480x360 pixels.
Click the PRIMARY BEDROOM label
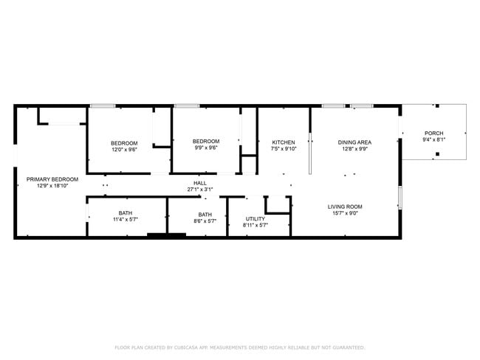point(52,179)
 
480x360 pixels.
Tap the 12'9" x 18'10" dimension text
point(52,186)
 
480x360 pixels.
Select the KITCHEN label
point(284,142)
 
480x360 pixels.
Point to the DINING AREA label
point(354,142)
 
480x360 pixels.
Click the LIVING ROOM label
point(345,207)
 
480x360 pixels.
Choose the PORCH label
point(433,134)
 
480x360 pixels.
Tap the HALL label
point(200,183)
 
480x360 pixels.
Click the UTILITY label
point(256,218)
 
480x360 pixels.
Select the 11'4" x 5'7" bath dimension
point(126,219)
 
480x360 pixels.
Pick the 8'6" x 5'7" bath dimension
point(205,221)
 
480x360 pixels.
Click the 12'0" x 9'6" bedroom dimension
point(124,150)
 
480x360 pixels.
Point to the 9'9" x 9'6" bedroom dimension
point(206,148)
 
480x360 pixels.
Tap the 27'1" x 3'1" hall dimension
point(200,190)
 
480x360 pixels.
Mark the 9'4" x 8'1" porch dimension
point(433,139)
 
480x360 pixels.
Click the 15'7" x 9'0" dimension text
point(345,213)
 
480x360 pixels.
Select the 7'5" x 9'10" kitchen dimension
point(284,149)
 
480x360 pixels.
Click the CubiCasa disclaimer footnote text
point(240,347)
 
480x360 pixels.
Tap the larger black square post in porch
point(437,154)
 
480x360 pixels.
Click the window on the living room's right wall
point(400,198)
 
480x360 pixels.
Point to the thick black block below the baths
point(167,235)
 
